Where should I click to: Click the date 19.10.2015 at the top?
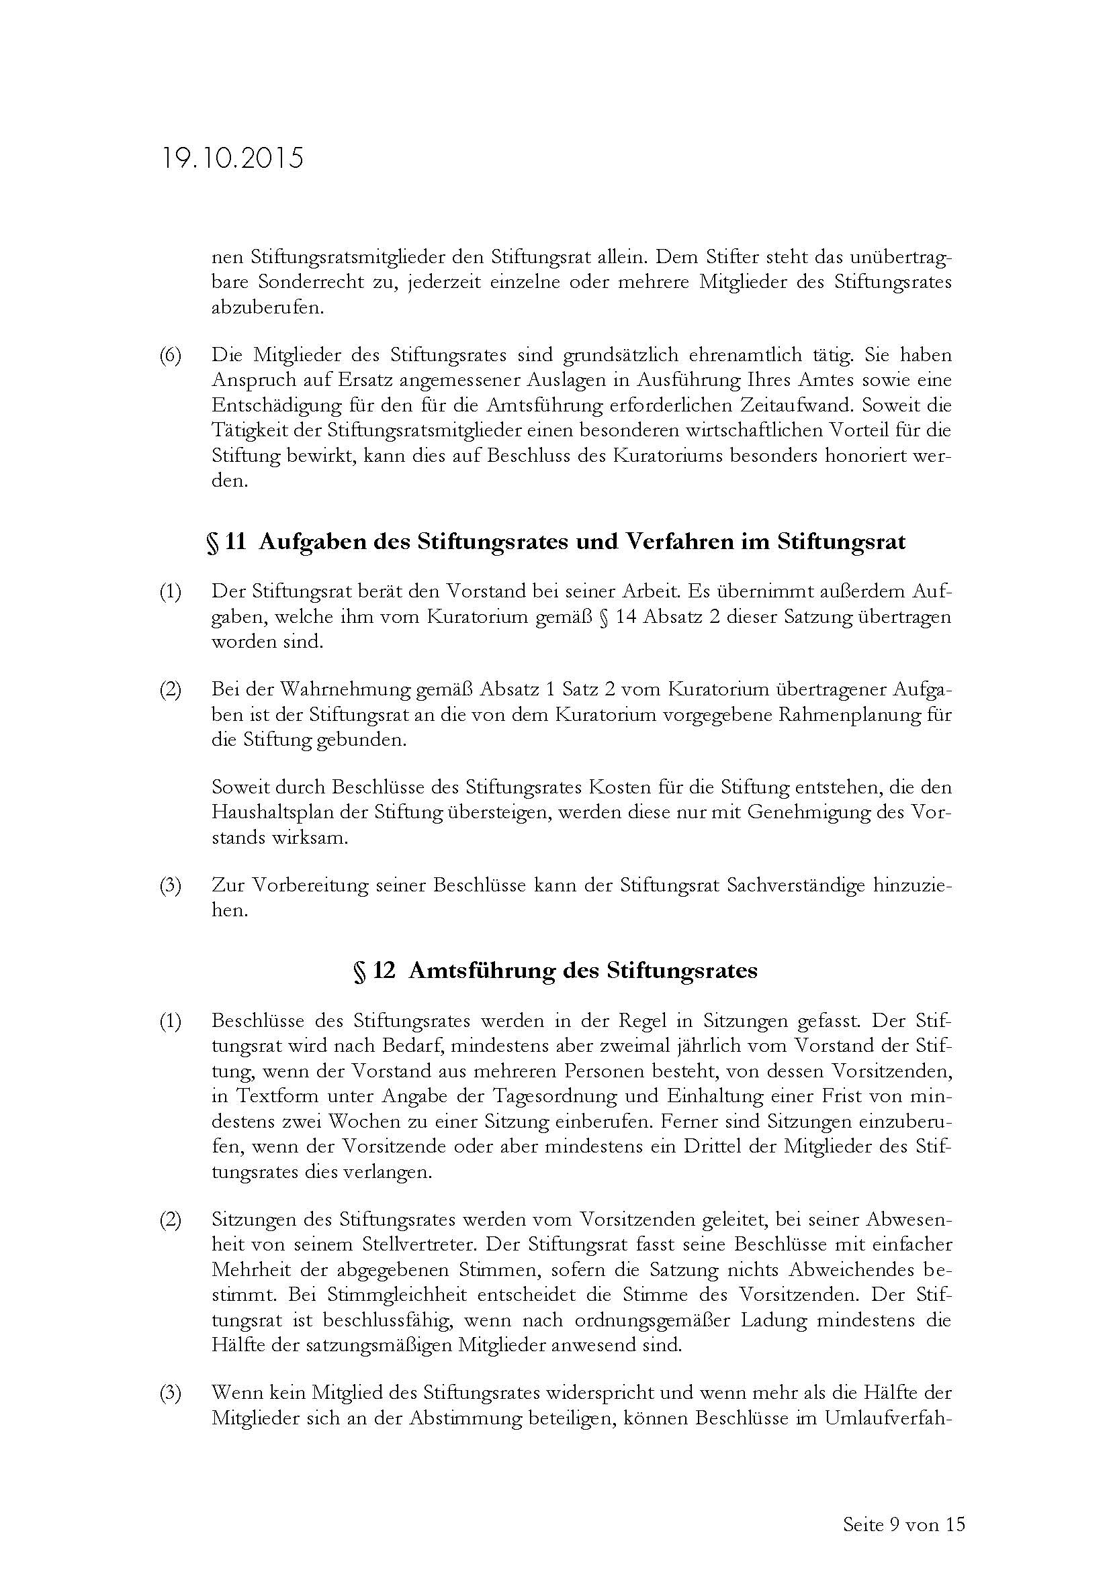pyautogui.click(x=232, y=158)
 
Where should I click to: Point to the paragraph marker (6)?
pyautogui.click(x=171, y=356)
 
